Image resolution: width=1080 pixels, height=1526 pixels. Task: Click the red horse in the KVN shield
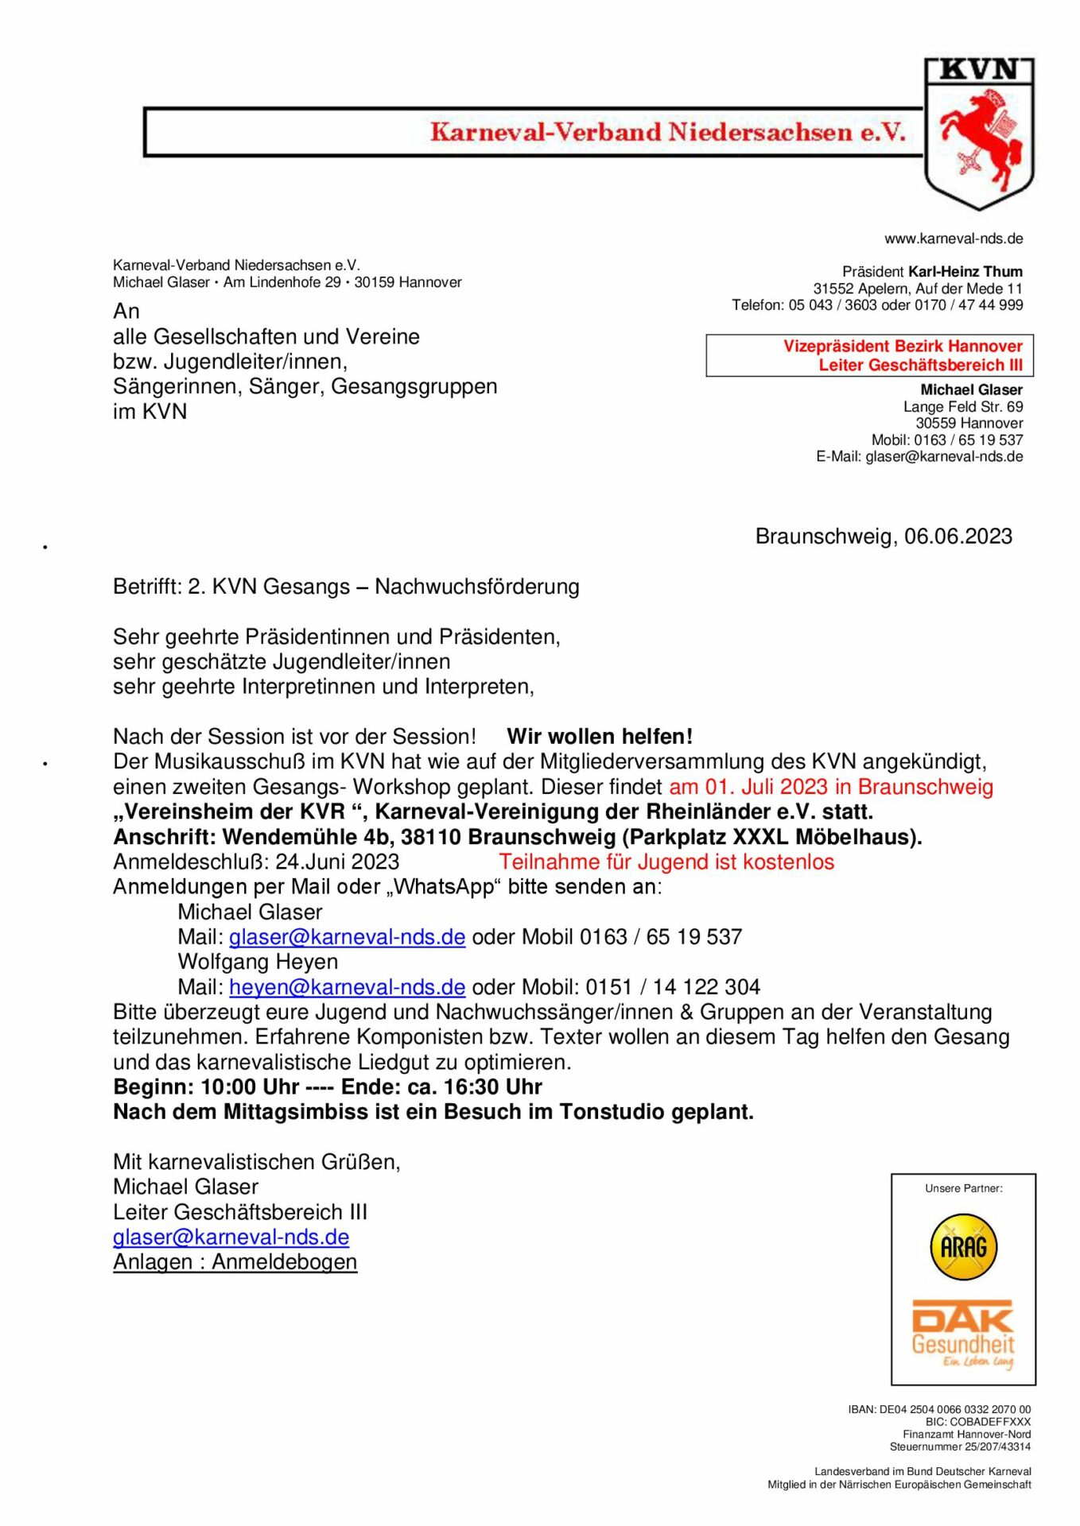(x=980, y=139)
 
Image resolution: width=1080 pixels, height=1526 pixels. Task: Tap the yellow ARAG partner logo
(x=963, y=1246)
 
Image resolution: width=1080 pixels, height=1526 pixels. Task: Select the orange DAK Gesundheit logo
(x=963, y=1333)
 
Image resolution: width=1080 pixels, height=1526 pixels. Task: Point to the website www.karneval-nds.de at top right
(x=953, y=238)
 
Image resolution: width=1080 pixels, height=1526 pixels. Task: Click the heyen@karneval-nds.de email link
(x=347, y=987)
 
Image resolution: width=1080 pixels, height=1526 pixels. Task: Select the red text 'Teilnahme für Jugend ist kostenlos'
(x=666, y=862)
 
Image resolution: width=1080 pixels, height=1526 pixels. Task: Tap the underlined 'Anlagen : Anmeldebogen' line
(x=235, y=1262)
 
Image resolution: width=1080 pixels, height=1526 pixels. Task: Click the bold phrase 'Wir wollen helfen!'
(x=600, y=737)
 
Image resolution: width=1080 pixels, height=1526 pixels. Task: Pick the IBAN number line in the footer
(x=938, y=1409)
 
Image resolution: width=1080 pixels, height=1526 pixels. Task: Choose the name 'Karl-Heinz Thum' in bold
(x=965, y=272)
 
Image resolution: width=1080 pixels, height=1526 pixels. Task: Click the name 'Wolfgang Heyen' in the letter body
(x=258, y=962)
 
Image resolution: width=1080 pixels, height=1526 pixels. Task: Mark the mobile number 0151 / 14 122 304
(x=673, y=987)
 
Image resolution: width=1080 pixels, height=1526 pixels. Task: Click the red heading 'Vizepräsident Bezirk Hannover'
(x=903, y=347)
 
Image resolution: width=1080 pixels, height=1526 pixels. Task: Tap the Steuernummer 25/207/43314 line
(x=960, y=1447)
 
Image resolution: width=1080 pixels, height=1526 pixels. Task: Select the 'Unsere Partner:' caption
(x=963, y=1188)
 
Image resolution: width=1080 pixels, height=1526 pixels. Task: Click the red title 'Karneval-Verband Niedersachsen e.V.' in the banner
(x=668, y=132)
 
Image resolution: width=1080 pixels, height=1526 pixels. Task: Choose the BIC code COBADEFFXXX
(x=977, y=1422)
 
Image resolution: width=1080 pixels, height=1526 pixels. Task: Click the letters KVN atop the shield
(x=979, y=71)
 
